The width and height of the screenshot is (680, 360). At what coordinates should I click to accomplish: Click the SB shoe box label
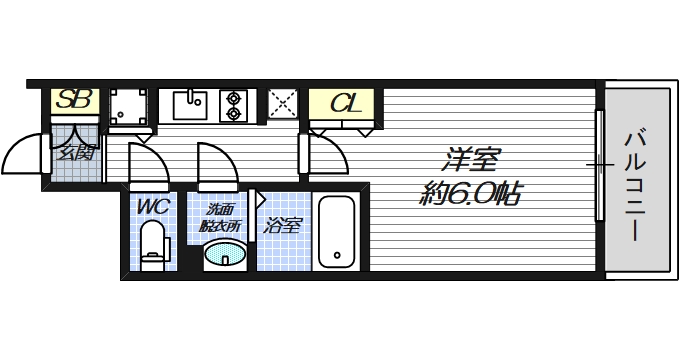(x=74, y=100)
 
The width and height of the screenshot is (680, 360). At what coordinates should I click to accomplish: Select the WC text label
(x=153, y=207)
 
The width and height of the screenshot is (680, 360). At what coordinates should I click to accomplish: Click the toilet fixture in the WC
(x=152, y=244)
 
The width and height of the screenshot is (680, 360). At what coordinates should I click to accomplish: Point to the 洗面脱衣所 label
(x=222, y=217)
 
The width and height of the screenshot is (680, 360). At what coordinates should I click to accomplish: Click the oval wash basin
(x=225, y=257)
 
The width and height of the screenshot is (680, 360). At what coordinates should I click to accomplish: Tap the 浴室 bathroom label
(x=282, y=225)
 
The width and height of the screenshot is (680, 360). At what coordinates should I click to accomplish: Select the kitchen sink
(x=190, y=104)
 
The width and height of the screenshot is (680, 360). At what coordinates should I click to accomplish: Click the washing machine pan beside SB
(x=129, y=107)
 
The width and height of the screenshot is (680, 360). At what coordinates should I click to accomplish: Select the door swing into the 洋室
(x=327, y=156)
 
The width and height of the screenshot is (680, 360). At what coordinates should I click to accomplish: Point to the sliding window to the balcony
(x=599, y=165)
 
